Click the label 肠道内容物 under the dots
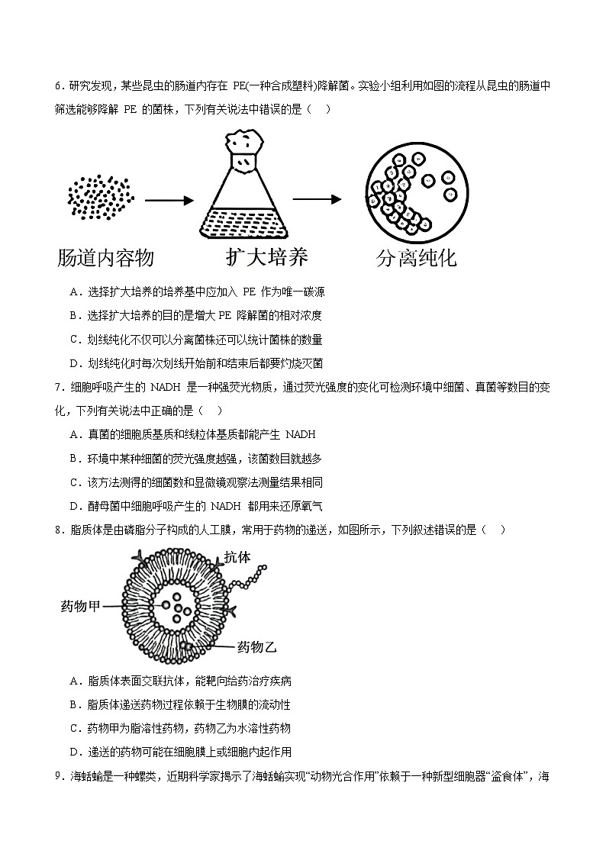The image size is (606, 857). (105, 258)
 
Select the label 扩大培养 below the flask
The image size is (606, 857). (267, 256)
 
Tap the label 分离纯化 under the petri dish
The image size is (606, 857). (416, 258)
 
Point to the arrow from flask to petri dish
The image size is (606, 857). (317, 200)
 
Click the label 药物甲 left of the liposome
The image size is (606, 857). (80, 607)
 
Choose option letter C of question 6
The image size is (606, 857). (74, 340)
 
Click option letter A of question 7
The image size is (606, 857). (74, 434)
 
